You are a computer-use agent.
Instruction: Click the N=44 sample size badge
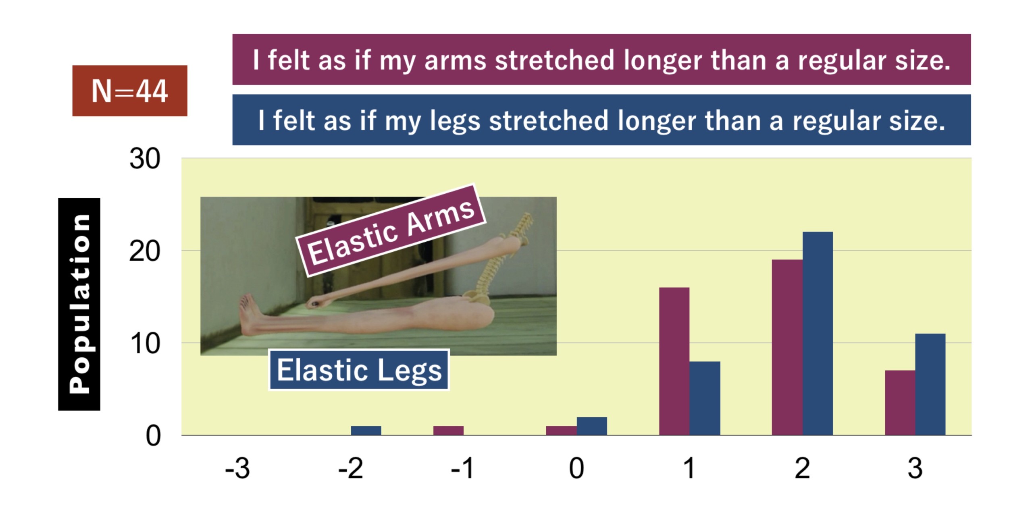click(x=130, y=91)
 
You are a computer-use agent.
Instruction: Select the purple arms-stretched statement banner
click(x=601, y=59)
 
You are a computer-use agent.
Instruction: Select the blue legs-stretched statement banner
click(x=601, y=120)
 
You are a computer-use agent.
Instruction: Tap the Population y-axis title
click(x=79, y=304)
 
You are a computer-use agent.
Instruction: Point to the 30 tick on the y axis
click(x=145, y=158)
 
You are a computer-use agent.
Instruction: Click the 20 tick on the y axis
click(x=145, y=251)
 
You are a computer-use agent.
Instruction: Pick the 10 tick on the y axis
click(x=145, y=344)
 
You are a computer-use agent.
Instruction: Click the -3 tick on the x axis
click(x=237, y=468)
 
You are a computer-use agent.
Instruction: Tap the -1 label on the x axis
click(x=462, y=468)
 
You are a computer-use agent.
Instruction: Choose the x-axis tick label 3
click(x=915, y=468)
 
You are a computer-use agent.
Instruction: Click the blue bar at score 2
click(x=818, y=334)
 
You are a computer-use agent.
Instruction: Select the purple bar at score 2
click(x=787, y=347)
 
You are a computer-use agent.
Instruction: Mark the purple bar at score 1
click(x=674, y=361)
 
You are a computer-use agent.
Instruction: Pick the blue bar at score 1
click(x=705, y=398)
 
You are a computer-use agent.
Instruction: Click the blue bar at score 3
click(x=930, y=384)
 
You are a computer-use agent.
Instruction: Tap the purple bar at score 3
click(x=900, y=403)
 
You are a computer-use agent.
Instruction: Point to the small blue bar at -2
click(x=366, y=431)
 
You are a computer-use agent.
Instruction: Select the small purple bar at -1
click(x=448, y=431)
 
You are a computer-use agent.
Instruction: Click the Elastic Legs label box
click(x=359, y=370)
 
